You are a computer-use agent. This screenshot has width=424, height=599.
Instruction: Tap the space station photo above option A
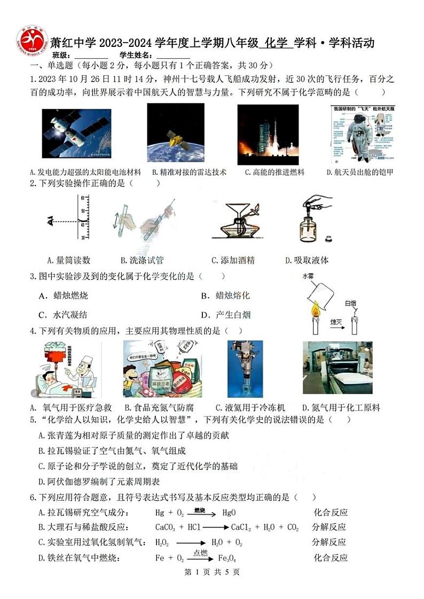pos(76,134)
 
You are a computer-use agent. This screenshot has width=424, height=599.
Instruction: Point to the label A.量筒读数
pos(69,260)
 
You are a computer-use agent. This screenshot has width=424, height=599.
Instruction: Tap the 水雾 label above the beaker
pos(309,276)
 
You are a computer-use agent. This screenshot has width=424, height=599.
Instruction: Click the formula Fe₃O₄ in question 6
pos(227,558)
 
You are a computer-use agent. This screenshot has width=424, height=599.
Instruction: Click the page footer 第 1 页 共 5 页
pos(211,572)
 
